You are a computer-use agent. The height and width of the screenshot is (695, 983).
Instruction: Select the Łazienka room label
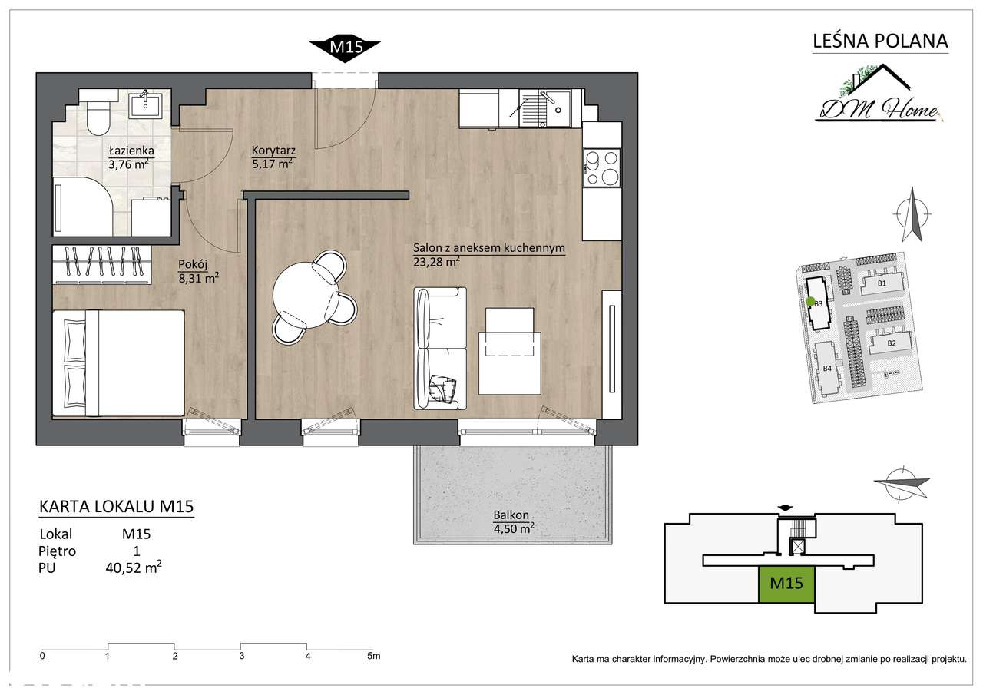[131, 151]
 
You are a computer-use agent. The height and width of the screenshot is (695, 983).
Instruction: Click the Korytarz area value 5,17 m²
[272, 164]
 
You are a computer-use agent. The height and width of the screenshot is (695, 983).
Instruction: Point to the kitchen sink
[544, 108]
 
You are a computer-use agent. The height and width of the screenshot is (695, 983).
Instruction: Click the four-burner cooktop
[601, 167]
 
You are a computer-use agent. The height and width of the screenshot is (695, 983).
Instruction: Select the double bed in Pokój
[118, 362]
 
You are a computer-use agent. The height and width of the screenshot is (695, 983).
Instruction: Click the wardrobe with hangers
[102, 265]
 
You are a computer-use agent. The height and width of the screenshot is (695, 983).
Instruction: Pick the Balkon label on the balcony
[511, 515]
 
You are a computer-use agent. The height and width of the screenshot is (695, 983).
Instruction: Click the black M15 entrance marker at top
[345, 47]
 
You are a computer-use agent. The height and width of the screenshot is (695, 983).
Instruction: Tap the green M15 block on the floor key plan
[786, 584]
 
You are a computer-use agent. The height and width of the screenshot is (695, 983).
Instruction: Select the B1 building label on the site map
[882, 283]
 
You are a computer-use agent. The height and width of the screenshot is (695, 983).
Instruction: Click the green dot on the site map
[810, 302]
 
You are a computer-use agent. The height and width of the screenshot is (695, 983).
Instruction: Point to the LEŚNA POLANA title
[880, 41]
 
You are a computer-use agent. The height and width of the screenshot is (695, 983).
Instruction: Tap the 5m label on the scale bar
[374, 656]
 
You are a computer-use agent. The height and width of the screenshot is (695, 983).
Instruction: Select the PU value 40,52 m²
[134, 568]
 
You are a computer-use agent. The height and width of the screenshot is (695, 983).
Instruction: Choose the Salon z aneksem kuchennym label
[489, 248]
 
